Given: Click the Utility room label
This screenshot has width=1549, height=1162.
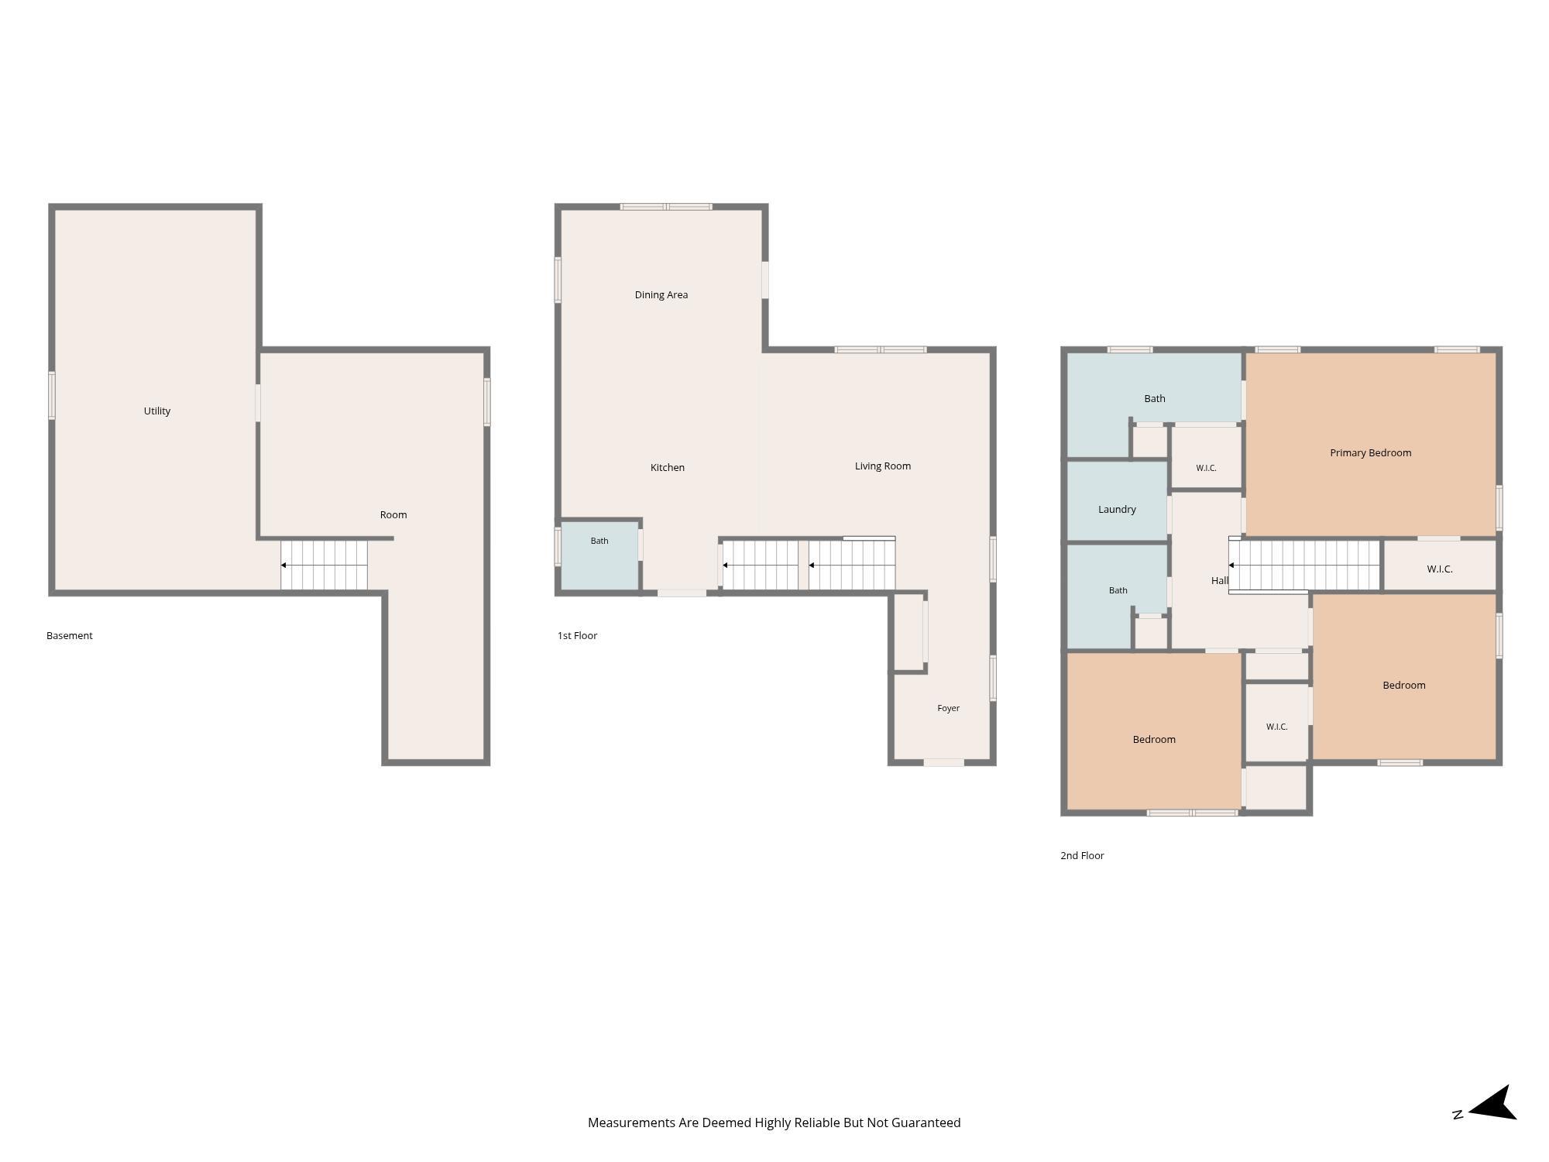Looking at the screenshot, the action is click(157, 411).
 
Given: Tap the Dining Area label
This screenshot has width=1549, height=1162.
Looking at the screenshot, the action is click(661, 294).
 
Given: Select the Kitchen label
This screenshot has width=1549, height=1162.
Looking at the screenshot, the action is click(668, 467).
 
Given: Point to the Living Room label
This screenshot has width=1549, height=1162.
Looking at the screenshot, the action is click(883, 466).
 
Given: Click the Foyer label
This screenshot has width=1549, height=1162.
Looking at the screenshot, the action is click(949, 708).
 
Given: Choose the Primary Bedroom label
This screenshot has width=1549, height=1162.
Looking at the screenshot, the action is click(1371, 452).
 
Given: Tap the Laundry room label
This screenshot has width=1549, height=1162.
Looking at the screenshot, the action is click(1117, 509).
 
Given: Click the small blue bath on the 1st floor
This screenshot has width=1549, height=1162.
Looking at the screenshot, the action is click(599, 555).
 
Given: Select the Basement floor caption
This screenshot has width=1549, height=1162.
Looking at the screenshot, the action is click(70, 635).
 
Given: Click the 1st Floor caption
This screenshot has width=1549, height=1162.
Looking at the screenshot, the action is click(578, 635).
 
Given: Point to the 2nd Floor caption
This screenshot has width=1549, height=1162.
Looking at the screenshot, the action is click(1082, 855).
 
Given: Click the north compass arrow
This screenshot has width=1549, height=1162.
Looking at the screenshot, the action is click(1492, 1103).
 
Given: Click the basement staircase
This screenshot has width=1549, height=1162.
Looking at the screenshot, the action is click(324, 566).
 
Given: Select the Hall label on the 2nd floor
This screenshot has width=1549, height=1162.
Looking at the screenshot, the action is click(1220, 580).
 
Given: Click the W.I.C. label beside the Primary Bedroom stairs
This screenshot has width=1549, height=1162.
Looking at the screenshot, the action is click(1440, 569).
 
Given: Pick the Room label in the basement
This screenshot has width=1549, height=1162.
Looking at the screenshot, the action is click(393, 514).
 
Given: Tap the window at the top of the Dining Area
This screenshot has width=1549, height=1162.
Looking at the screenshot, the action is click(666, 207).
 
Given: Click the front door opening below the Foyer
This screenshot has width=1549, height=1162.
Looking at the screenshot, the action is click(944, 763).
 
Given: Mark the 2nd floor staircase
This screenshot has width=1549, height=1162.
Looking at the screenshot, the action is click(1304, 566).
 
